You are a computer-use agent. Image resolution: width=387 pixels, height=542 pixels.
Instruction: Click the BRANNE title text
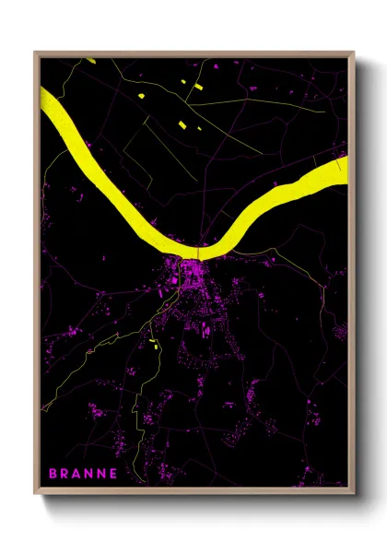pyautogui.click(x=82, y=474)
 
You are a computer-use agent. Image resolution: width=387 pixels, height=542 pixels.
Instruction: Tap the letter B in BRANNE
pyautogui.click(x=53, y=474)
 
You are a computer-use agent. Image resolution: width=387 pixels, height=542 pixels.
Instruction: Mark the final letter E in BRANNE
pyautogui.click(x=112, y=474)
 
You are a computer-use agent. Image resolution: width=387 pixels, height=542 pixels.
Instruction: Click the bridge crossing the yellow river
pyautogui.click(x=198, y=251)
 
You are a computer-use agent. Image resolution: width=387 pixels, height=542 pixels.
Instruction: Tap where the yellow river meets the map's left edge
pyautogui.click(x=44, y=99)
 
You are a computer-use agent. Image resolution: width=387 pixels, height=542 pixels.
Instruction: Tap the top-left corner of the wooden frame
pyautogui.click(x=35, y=53)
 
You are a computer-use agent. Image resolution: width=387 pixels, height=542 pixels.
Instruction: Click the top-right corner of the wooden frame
pyautogui.click(x=353, y=53)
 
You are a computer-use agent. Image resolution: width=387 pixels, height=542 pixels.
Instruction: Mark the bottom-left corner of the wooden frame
pyautogui.click(x=35, y=494)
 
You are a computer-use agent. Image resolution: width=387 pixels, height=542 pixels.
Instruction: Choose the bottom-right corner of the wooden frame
pyautogui.click(x=353, y=494)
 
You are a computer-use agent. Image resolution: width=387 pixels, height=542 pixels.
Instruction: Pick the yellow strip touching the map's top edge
pyautogui.click(x=89, y=60)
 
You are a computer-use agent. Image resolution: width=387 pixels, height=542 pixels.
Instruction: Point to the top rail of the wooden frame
pyautogui.click(x=193, y=54)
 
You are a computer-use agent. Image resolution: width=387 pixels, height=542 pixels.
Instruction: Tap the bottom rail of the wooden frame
pyautogui.click(x=193, y=492)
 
